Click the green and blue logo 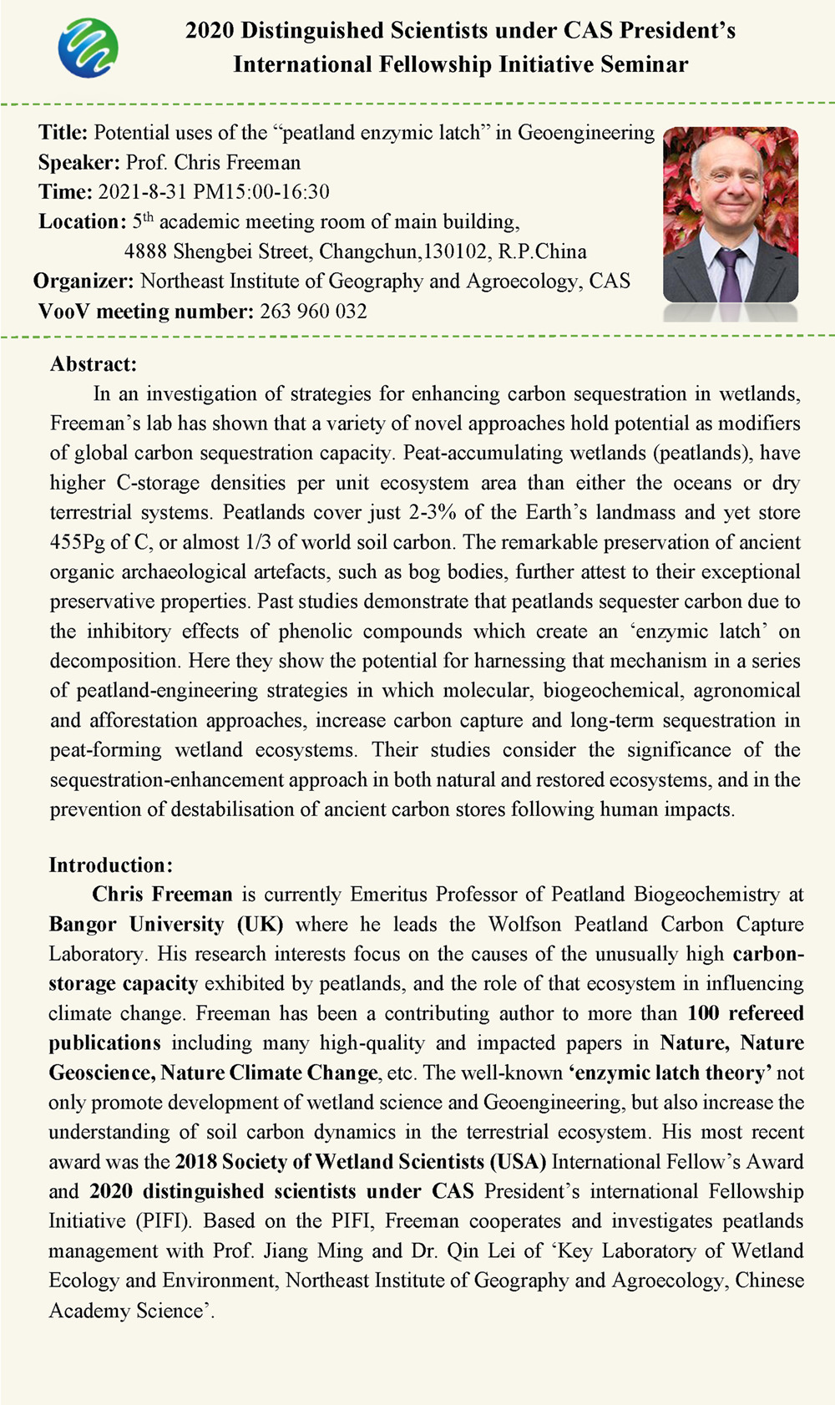click(88, 48)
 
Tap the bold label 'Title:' click(63, 133)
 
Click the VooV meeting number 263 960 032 click(313, 312)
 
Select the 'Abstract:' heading click(93, 364)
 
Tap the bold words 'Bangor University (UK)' click(165, 925)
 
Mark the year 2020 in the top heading click(210, 31)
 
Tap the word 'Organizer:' click(83, 282)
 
